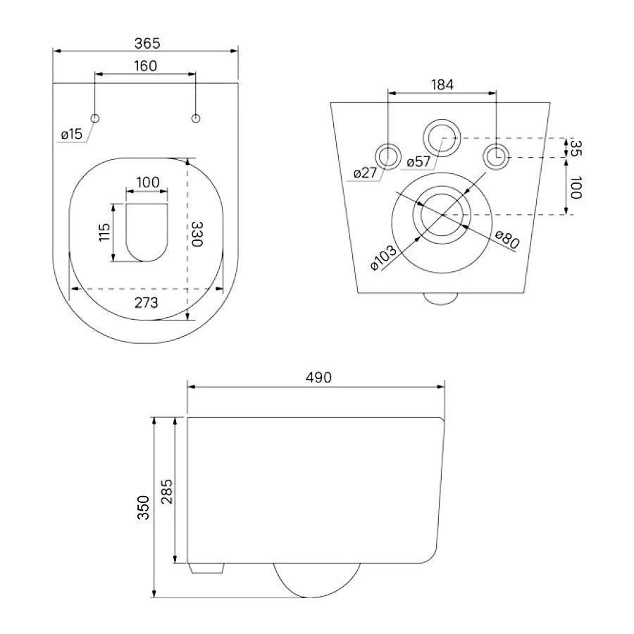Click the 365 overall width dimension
click(147, 43)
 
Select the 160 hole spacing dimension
click(145, 66)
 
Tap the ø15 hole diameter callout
click(72, 134)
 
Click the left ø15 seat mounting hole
click(95, 118)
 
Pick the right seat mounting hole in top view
click(196, 118)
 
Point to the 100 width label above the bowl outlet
click(148, 182)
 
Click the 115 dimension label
click(104, 232)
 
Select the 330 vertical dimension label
click(197, 234)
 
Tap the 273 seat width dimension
click(146, 302)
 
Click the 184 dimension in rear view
click(442, 85)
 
